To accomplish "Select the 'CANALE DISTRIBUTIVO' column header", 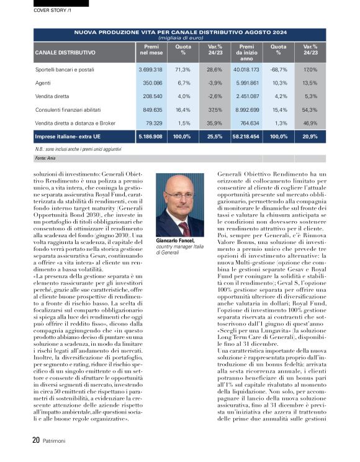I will [x=65, y=53].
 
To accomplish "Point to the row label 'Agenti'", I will [x=43, y=83].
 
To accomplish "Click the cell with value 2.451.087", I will [x=246, y=96].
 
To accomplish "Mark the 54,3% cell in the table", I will [x=311, y=109].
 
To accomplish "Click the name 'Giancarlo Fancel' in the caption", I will [x=176, y=240].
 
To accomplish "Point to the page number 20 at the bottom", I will [x=37, y=441].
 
